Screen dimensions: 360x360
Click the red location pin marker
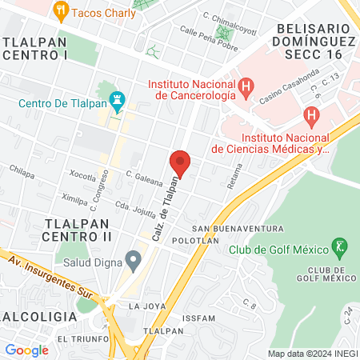tap(180, 163)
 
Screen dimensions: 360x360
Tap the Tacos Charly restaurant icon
tap(61, 11)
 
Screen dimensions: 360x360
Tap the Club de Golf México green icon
tap(339, 247)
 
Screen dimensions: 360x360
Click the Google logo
tap(26, 350)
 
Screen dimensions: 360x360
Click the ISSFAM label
tap(198, 318)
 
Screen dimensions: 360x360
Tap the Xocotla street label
tap(82, 174)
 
